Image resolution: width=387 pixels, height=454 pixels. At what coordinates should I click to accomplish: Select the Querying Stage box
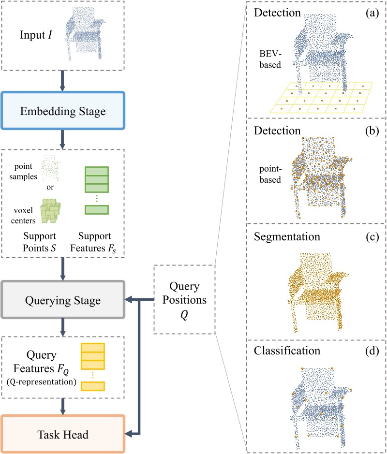point(63,300)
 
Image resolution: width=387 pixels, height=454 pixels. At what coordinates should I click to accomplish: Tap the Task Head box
point(63,434)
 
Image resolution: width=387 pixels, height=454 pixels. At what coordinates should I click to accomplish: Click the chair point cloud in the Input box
point(86,34)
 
